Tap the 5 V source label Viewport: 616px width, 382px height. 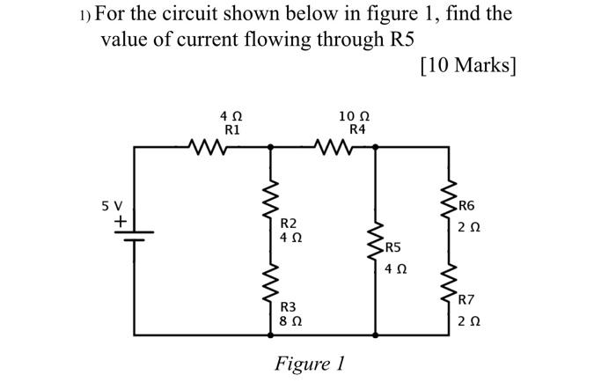pyautogui.click(x=113, y=206)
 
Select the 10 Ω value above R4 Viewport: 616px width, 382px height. pyautogui.click(x=354, y=115)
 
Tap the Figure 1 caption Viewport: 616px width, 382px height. pyautogui.click(x=310, y=363)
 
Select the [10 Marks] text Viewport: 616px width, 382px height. pyautogui.click(x=469, y=66)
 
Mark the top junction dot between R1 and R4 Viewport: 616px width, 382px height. pyautogui.click(x=270, y=147)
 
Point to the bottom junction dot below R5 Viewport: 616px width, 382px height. pyautogui.click(x=377, y=335)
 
